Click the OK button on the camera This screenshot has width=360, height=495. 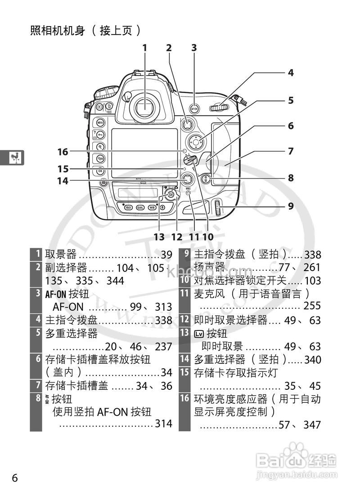100,171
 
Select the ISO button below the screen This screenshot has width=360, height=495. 128,208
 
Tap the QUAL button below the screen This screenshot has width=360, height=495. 140,208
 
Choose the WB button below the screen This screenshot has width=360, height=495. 152,208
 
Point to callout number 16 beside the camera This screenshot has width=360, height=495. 63,152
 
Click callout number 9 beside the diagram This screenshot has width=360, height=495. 291,206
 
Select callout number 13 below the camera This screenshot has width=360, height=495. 159,236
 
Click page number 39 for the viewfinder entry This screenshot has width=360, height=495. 166,255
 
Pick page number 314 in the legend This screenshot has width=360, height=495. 164,424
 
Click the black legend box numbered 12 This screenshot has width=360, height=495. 185,321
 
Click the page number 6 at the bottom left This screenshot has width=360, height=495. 15,477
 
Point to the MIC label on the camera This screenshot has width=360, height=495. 189,188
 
